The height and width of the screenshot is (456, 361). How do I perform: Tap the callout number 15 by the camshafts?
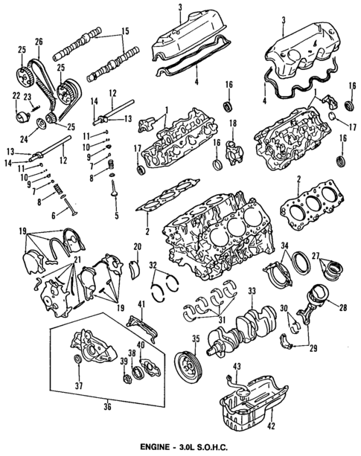pos(124,31)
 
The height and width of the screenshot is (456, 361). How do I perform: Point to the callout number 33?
pos(252,291)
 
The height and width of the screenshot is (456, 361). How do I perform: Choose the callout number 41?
pos(140,304)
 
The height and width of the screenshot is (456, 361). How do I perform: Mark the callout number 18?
pos(232,123)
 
